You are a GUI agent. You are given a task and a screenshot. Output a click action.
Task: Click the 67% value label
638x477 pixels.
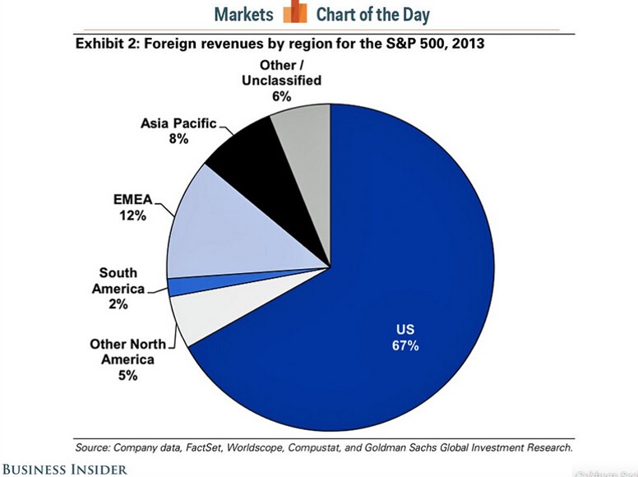pos(405,346)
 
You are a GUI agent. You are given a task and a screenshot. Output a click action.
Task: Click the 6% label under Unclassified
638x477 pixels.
pos(281,95)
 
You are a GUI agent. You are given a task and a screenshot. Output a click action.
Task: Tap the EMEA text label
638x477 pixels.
pos(132,198)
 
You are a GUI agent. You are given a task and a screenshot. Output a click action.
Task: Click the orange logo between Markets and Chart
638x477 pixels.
pos(294,14)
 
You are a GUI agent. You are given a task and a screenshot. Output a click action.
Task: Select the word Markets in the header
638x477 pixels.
pos(243,15)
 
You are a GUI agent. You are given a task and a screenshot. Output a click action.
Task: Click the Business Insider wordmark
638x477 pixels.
pos(64,469)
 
